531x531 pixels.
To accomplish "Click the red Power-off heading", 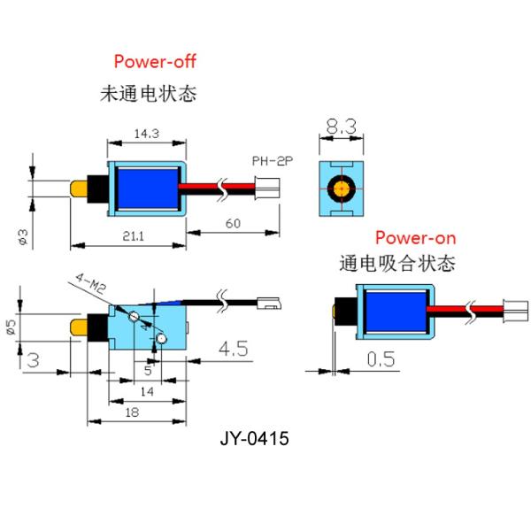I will click(x=154, y=61).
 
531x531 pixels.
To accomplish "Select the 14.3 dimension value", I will click(x=146, y=134).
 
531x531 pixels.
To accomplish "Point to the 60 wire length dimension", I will click(x=232, y=224).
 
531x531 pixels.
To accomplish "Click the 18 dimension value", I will click(x=132, y=412).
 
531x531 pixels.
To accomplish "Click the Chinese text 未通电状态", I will click(x=148, y=92).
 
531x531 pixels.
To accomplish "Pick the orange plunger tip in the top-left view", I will click(x=81, y=189).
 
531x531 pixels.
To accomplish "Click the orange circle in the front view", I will click(x=341, y=188).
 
